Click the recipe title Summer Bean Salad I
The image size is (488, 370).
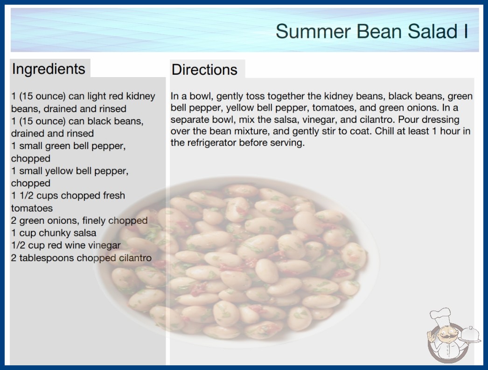[372, 31]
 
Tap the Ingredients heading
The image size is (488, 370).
[49, 69]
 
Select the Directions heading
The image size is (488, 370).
[204, 70]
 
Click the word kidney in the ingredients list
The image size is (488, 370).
[140, 96]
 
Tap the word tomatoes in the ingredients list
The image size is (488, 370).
[32, 208]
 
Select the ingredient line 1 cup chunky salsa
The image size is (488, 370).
[54, 233]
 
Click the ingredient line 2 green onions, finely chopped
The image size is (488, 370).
[79, 221]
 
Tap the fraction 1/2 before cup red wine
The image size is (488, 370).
[18, 245]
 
